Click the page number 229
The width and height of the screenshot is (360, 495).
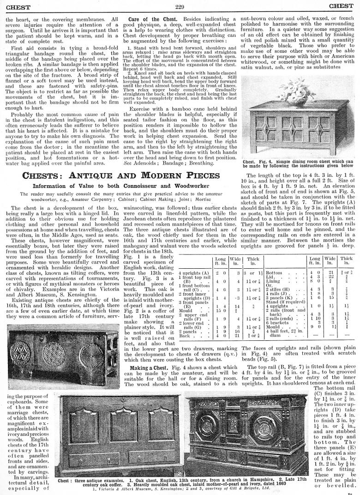tap(180, 6)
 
